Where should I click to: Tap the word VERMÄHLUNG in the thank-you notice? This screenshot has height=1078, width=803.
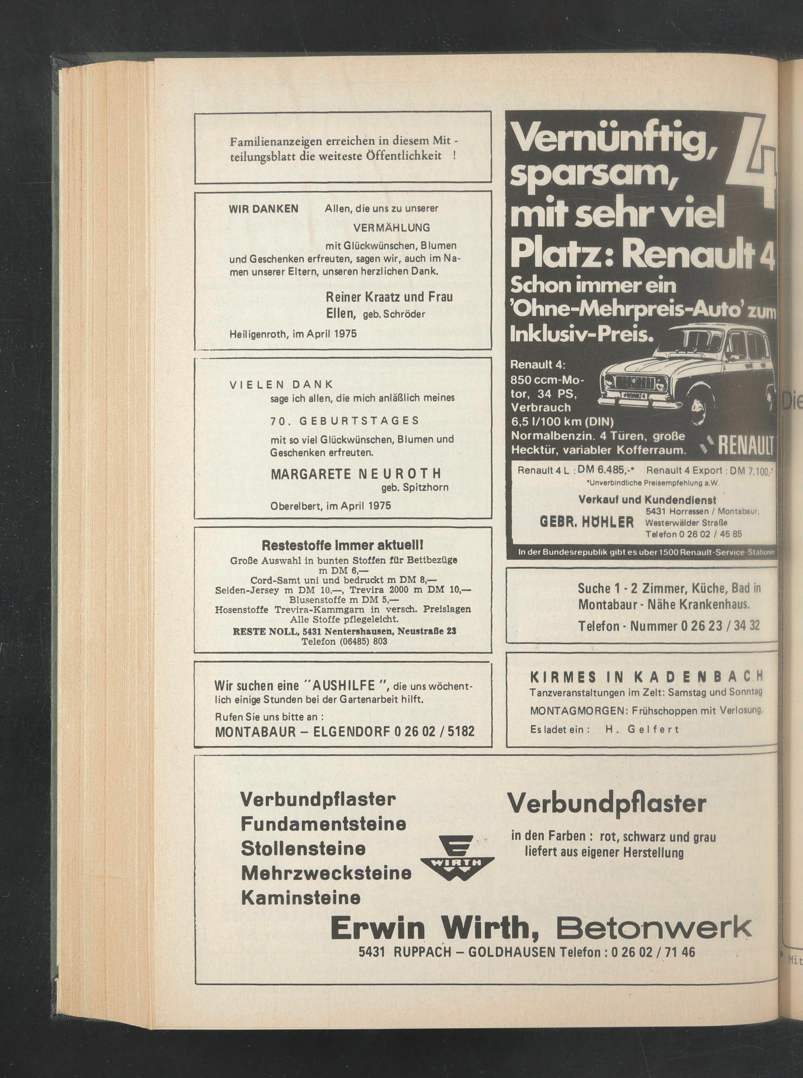[391, 228]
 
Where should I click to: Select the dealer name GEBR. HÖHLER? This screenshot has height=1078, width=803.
[587, 522]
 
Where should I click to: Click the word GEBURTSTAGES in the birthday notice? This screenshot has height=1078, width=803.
[359, 420]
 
